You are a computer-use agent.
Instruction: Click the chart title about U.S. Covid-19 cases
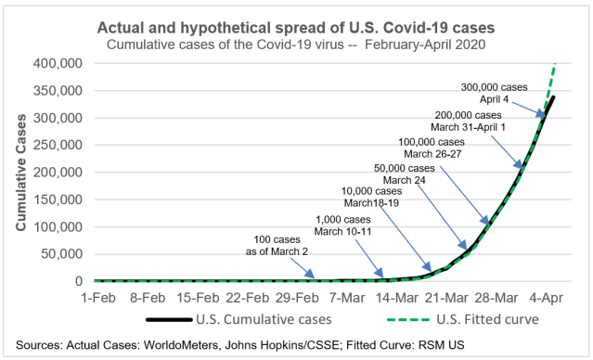[295, 23]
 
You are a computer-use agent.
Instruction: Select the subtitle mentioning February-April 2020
[295, 43]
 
